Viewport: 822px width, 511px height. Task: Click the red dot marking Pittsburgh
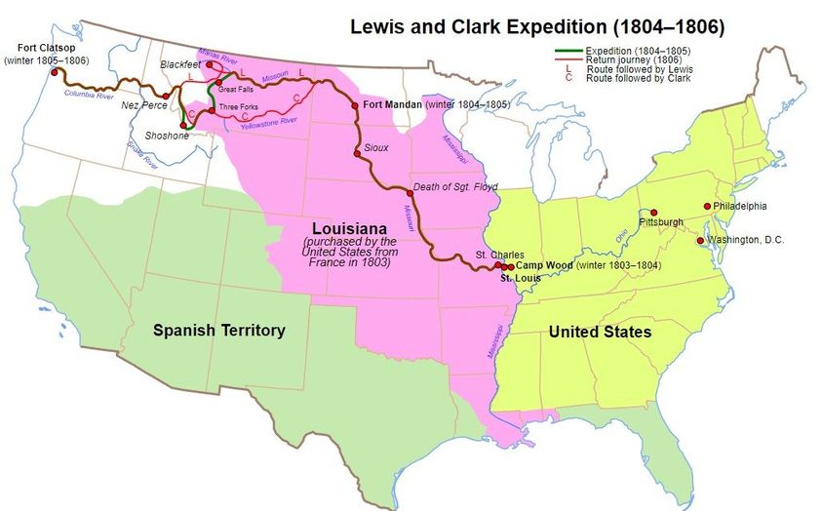pos(653,213)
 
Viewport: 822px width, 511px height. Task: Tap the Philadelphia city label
pos(740,207)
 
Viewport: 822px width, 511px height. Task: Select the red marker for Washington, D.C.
pos(700,240)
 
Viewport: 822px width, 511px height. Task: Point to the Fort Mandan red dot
pos(355,105)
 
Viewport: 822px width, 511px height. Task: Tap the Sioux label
pos(375,147)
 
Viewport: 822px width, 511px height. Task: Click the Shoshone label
pos(167,136)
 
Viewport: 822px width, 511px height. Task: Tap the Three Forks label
pos(239,105)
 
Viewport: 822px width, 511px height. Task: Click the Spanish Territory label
pos(219,331)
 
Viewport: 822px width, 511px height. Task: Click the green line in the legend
pos(565,49)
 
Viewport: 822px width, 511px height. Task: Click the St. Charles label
pos(493,255)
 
